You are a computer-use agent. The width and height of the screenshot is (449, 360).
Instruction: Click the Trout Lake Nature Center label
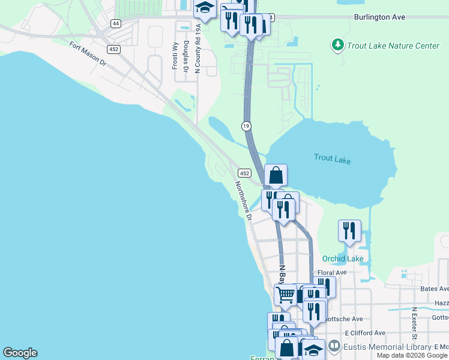pyautogui.click(x=394, y=46)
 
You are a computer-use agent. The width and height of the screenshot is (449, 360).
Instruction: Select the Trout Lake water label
pyautogui.click(x=332, y=159)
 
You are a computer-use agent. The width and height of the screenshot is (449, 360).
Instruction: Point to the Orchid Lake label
pyautogui.click(x=343, y=259)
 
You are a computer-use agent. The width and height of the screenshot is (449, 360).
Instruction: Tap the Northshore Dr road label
pyautogui.click(x=243, y=201)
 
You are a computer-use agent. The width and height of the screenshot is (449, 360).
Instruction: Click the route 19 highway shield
pyautogui.click(x=246, y=125)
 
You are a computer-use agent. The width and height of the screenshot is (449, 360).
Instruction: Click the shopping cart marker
pyautogui.click(x=286, y=294)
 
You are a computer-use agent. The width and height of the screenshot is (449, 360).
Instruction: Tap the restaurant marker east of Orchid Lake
pyautogui.click(x=349, y=231)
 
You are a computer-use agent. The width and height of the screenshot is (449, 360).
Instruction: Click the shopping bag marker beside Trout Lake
pyautogui.click(x=276, y=175)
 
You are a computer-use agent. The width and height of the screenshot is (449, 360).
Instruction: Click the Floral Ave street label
pyautogui.click(x=333, y=272)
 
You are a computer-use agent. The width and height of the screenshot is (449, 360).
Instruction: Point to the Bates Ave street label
pyautogui.click(x=435, y=289)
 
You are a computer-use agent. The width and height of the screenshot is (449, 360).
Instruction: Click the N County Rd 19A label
pyautogui.click(x=197, y=50)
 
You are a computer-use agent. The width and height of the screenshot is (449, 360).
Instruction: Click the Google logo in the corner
pyautogui.click(x=20, y=353)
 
